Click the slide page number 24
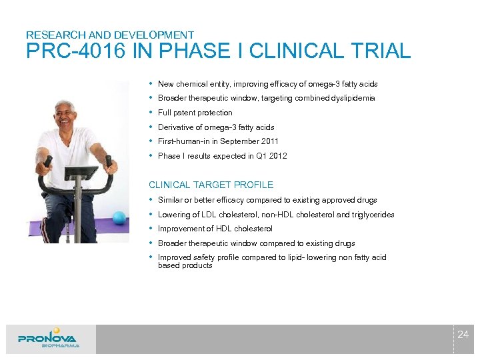(x=463, y=335)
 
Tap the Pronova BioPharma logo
(x=48, y=338)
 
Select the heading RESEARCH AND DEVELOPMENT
(x=110, y=35)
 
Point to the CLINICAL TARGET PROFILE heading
(x=211, y=185)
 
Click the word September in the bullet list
(x=233, y=141)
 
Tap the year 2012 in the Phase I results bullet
(x=278, y=156)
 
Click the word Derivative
(x=175, y=127)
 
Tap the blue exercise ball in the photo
(x=119, y=217)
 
